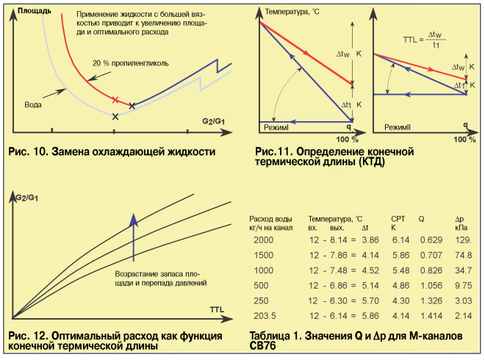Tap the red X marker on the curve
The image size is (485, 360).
pos(115,99)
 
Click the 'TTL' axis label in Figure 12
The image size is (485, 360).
pos(218,309)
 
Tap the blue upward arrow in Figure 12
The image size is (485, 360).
pos(133,235)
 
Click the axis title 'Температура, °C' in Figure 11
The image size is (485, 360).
pos(295,12)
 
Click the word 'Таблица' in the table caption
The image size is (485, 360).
pos(273,336)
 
